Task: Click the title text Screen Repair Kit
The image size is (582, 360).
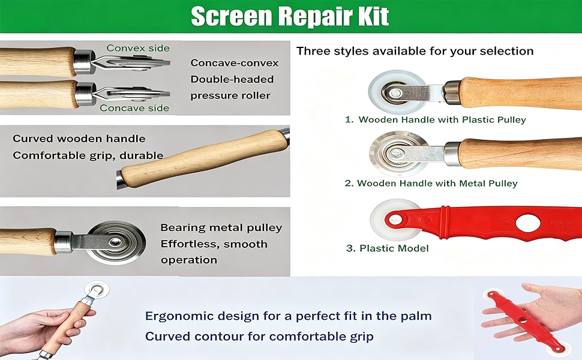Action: click(x=290, y=16)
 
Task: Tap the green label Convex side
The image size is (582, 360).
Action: click(x=138, y=48)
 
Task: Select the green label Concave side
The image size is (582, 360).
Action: click(x=134, y=108)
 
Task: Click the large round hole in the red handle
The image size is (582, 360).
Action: click(x=528, y=223)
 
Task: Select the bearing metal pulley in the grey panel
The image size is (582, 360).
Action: click(x=116, y=242)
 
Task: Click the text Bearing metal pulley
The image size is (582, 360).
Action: click(x=221, y=227)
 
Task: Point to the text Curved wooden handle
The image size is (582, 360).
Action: click(x=79, y=139)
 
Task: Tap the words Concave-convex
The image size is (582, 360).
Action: click(x=235, y=63)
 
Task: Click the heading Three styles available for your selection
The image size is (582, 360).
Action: click(x=415, y=51)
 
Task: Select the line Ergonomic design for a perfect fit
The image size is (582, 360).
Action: click(x=289, y=316)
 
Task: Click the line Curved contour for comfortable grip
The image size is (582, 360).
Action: click(x=259, y=336)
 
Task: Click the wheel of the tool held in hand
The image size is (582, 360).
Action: click(x=97, y=289)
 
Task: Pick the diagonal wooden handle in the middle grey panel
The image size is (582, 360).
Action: click(x=204, y=158)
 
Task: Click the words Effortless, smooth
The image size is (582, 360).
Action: click(x=214, y=244)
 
